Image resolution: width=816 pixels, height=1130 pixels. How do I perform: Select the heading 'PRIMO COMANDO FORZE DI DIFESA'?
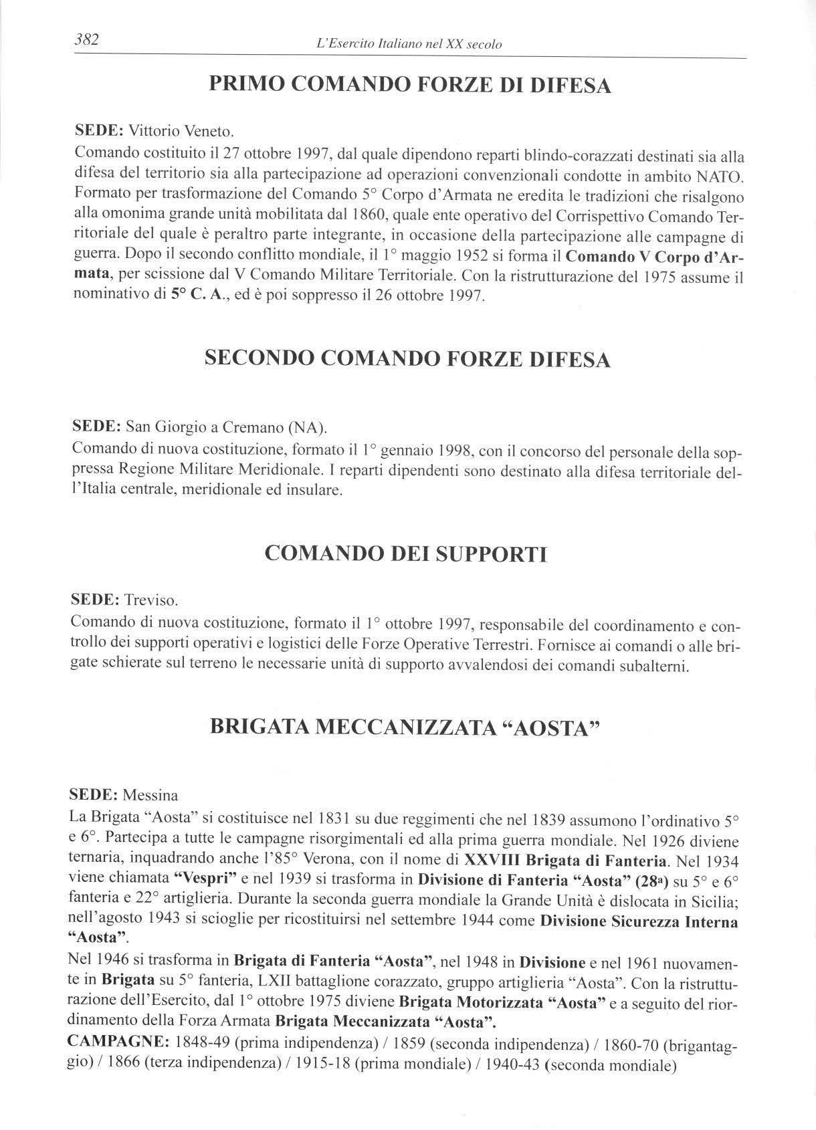click(410, 85)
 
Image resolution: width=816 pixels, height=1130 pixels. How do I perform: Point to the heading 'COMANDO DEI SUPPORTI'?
click(406, 554)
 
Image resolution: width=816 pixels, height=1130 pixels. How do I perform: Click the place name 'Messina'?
click(150, 796)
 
